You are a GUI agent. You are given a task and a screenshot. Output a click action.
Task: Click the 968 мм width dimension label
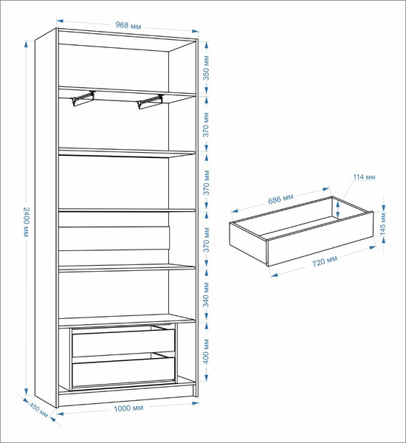pyautogui.click(x=128, y=25)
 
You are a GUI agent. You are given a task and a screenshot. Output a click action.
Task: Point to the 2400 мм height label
pyautogui.click(x=26, y=222)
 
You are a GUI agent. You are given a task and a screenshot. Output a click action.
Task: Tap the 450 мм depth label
pyautogui.click(x=38, y=410)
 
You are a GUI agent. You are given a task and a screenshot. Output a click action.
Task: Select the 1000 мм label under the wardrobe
pyautogui.click(x=128, y=408)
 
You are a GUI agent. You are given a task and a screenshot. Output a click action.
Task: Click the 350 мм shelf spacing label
pyautogui.click(x=207, y=68)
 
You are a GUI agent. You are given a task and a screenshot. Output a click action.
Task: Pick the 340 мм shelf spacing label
pyautogui.click(x=206, y=295)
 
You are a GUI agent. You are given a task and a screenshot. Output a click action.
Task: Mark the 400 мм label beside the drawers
pyautogui.click(x=206, y=351)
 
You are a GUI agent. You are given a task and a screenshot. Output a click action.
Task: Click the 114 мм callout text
pyautogui.click(x=364, y=177)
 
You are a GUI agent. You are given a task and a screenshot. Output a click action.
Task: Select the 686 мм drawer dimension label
pyautogui.click(x=281, y=199)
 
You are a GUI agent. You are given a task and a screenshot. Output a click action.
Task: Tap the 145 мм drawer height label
pyautogui.click(x=383, y=224)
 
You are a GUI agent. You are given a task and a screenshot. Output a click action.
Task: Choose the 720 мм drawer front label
pyautogui.click(x=325, y=261)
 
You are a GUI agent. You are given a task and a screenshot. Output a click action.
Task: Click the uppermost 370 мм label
pyautogui.click(x=206, y=125)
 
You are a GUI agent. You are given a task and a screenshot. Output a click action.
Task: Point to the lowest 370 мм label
pyautogui.click(x=206, y=240)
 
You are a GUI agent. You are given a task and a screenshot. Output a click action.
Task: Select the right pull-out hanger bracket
pyautogui.click(x=151, y=101)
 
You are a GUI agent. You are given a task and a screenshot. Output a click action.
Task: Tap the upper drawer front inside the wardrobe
pyautogui.click(x=123, y=343)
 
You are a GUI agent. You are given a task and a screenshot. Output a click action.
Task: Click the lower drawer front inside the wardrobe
pyautogui.click(x=123, y=372)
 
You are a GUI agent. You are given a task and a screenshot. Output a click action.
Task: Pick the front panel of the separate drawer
pyautogui.click(x=320, y=239)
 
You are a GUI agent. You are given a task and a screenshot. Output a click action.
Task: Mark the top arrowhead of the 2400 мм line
pyautogui.click(x=27, y=44)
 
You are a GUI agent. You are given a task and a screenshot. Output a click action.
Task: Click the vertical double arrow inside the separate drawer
pyautogui.click(x=337, y=208)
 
